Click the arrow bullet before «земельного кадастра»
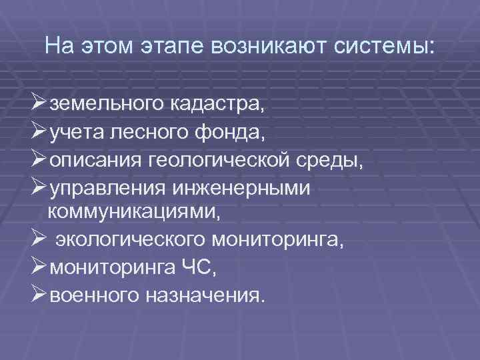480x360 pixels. [x=37, y=103]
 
